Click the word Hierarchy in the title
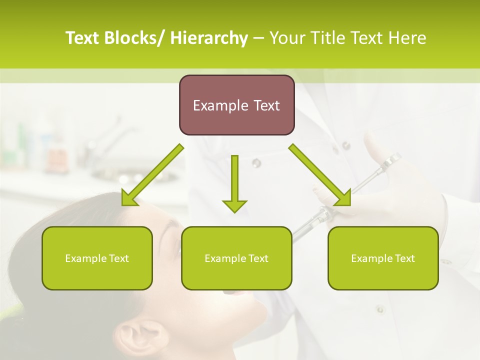pyautogui.click(x=209, y=38)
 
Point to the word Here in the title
pyautogui.click(x=408, y=38)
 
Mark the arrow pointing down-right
pyautogui.click(x=320, y=175)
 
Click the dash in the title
pyautogui.click(x=258, y=38)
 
